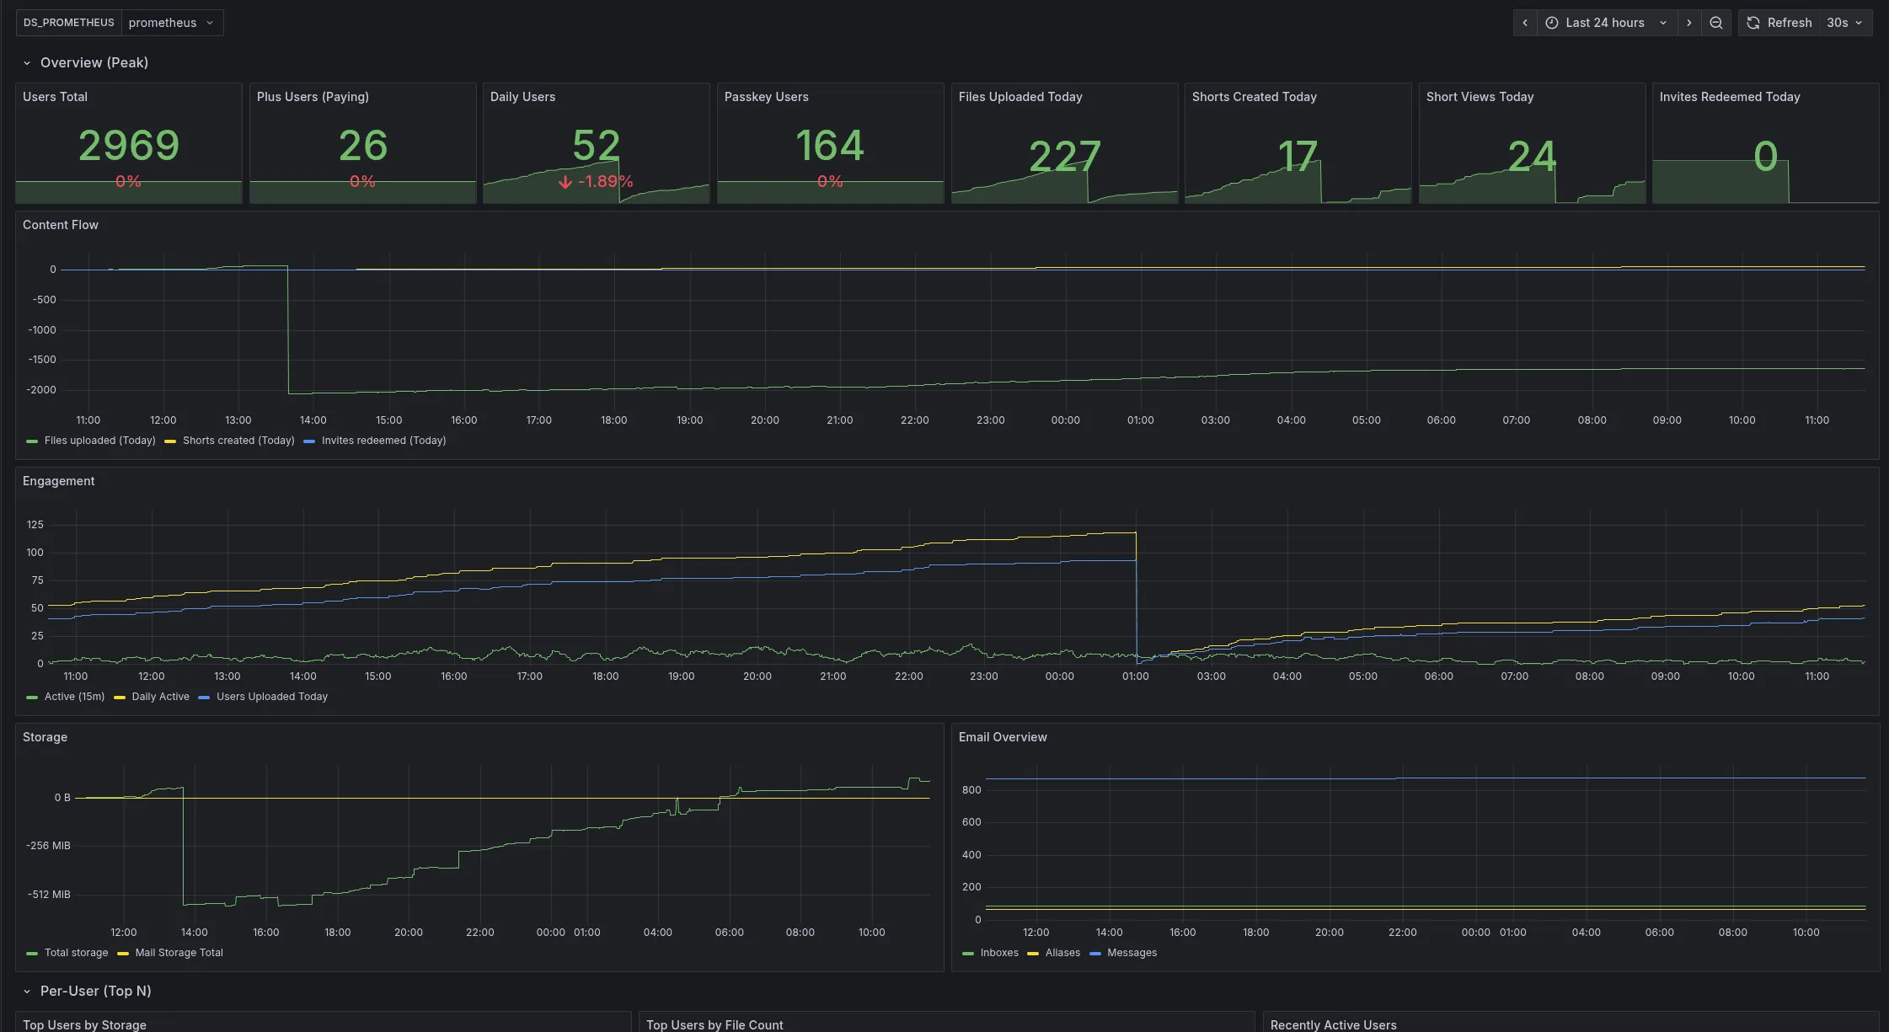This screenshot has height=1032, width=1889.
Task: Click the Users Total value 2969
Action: click(129, 146)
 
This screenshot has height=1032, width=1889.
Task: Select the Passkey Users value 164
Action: click(830, 146)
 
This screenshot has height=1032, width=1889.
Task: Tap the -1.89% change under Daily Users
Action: click(597, 181)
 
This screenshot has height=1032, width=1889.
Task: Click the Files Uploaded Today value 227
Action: click(1064, 156)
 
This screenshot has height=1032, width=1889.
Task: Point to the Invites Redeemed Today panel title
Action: click(1729, 97)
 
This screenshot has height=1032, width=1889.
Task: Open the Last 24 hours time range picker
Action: click(1605, 23)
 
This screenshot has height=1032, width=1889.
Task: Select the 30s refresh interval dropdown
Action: click(1844, 23)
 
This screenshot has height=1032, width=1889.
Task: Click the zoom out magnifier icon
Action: click(1716, 23)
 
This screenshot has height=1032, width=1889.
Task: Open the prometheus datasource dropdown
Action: click(171, 23)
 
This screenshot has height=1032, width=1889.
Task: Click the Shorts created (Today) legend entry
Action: click(238, 441)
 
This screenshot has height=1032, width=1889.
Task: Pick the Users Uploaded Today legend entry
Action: click(271, 697)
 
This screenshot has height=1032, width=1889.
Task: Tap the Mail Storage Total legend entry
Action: click(179, 953)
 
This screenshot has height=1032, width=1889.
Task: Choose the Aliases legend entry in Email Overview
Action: click(1062, 953)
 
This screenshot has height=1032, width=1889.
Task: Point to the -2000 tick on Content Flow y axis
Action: click(41, 390)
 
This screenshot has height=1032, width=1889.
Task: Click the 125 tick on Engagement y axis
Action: click(35, 525)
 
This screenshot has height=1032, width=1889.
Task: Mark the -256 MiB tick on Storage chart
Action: click(48, 846)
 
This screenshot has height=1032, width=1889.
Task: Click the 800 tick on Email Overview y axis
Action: click(971, 790)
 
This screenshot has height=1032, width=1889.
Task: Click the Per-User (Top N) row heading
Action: click(95, 992)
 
